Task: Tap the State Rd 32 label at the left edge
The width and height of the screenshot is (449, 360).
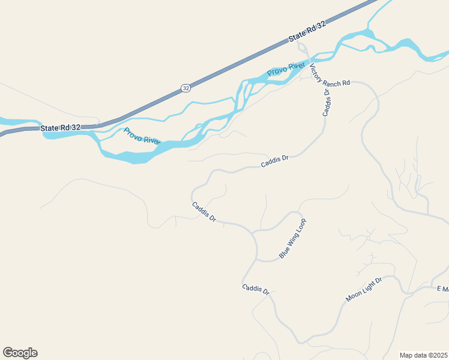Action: (x=61, y=128)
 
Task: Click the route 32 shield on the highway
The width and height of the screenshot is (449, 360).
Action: (x=185, y=88)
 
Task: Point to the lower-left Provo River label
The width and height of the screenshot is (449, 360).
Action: (x=142, y=136)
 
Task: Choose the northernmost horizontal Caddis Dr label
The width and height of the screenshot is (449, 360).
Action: (x=275, y=161)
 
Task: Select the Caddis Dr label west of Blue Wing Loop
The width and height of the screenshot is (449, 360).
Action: (x=204, y=212)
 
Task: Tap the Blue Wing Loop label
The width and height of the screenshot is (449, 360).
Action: (x=293, y=238)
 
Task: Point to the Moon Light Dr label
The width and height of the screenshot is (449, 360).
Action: (x=364, y=290)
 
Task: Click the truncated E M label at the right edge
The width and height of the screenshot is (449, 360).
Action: (x=442, y=289)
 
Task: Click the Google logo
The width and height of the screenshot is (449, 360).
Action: (x=20, y=353)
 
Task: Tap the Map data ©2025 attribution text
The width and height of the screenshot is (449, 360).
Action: (x=424, y=355)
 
